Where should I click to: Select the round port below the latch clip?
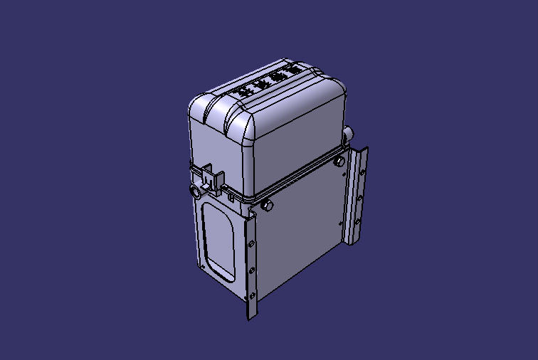click(194, 193)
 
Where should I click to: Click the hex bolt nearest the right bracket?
click(339, 162)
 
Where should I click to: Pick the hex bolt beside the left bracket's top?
click(267, 206)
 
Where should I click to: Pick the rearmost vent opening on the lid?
click(292, 70)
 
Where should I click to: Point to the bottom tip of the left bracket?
click(249, 317)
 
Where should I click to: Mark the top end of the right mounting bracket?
click(364, 150)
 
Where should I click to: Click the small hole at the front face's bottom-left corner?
click(204, 267)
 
